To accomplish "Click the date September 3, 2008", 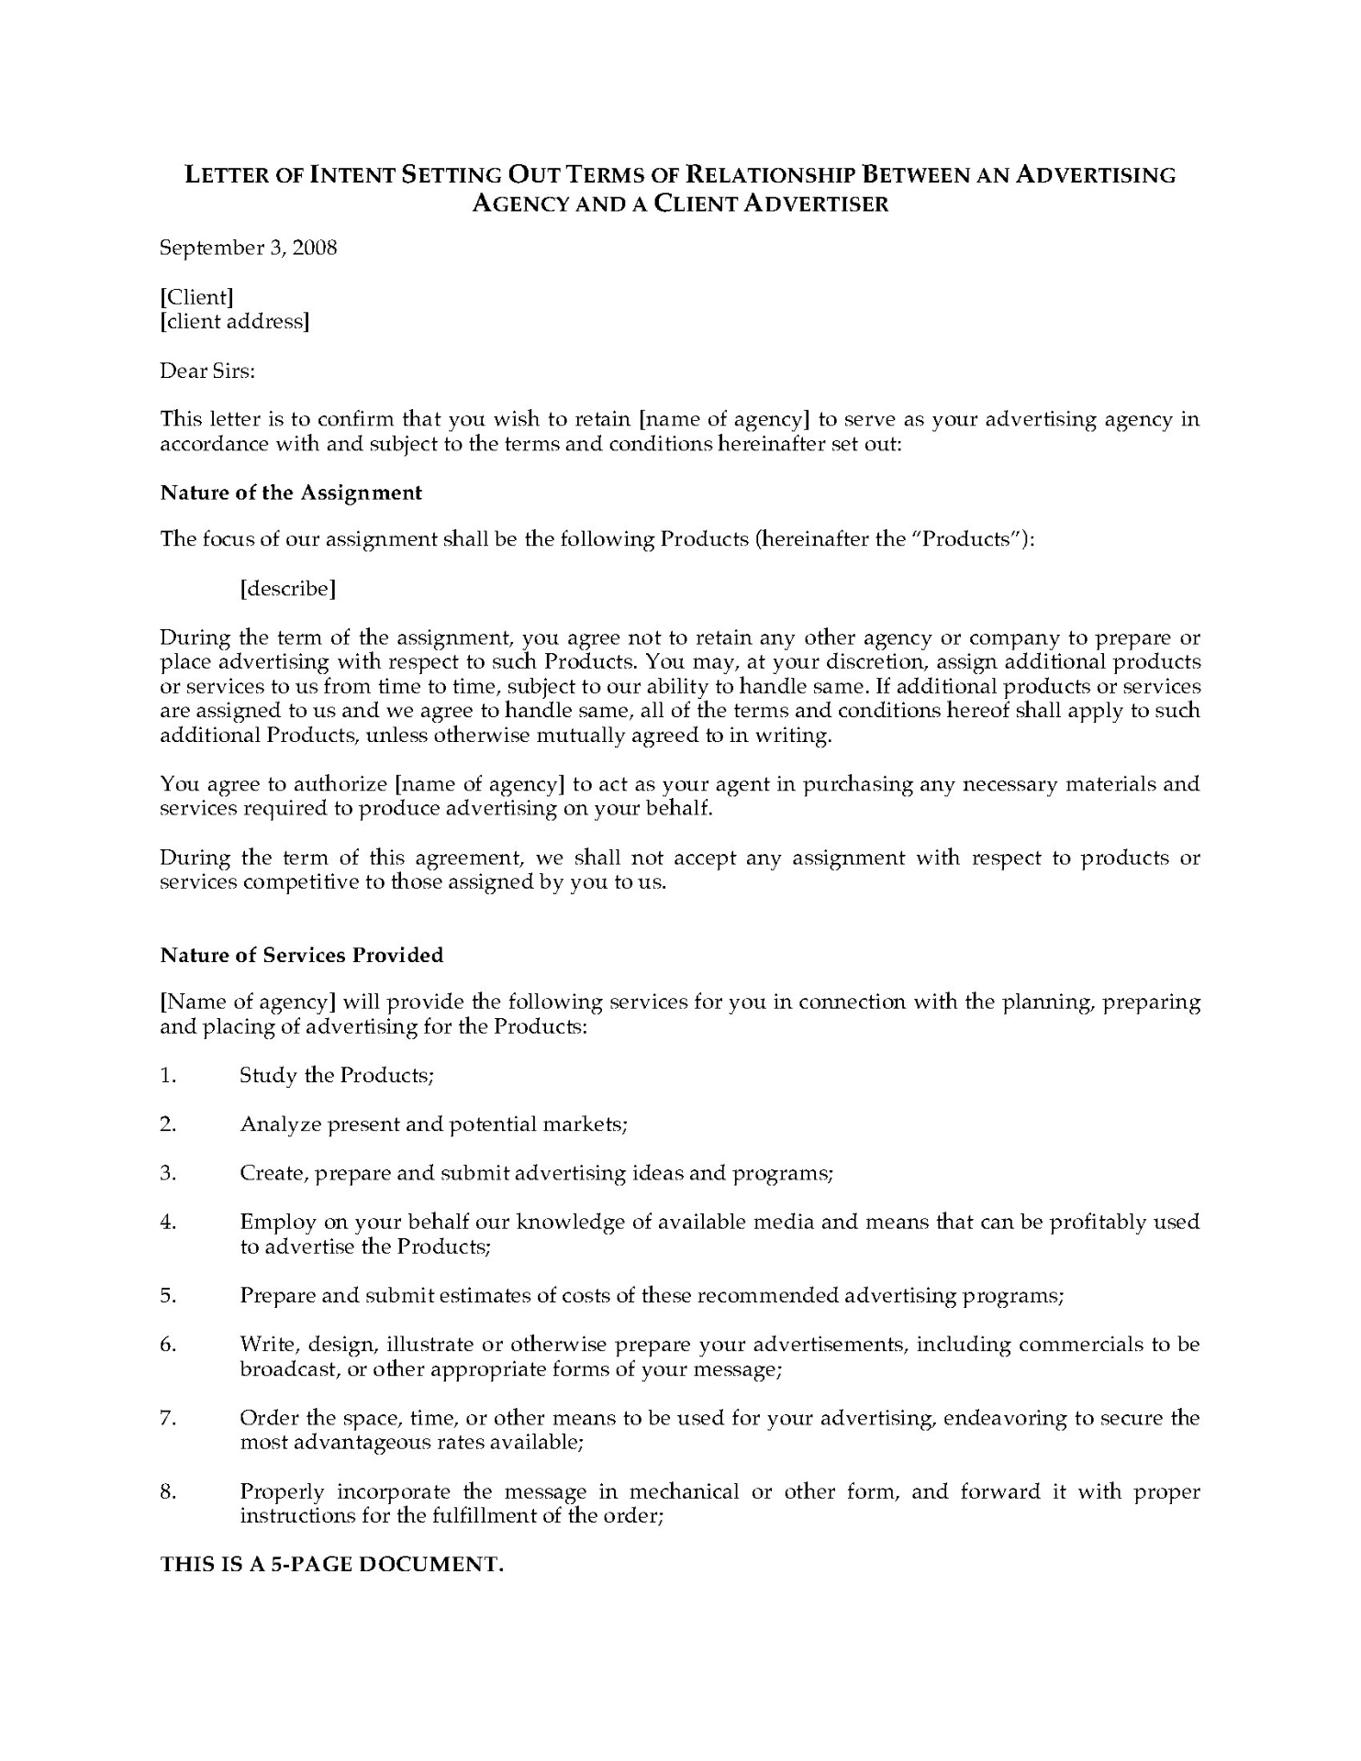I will pyautogui.click(x=249, y=248).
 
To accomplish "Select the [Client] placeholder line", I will pyautogui.click(x=196, y=297).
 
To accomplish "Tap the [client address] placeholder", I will pyautogui.click(x=234, y=322).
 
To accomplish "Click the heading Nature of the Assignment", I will pyautogui.click(x=291, y=493).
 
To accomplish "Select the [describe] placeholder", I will pyautogui.click(x=287, y=588).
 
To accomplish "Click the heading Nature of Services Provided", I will pyautogui.click(x=301, y=955).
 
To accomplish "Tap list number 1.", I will pyautogui.click(x=168, y=1075).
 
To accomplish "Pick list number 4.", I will pyautogui.click(x=168, y=1222).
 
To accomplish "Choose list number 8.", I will pyautogui.click(x=168, y=1491).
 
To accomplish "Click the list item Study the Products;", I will pyautogui.click(x=336, y=1075).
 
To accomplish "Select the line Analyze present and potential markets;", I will pyautogui.click(x=433, y=1124).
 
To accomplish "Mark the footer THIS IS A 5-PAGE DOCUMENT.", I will pyautogui.click(x=332, y=1565).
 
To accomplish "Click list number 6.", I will pyautogui.click(x=168, y=1345).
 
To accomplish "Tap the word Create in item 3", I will pyautogui.click(x=272, y=1173).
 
